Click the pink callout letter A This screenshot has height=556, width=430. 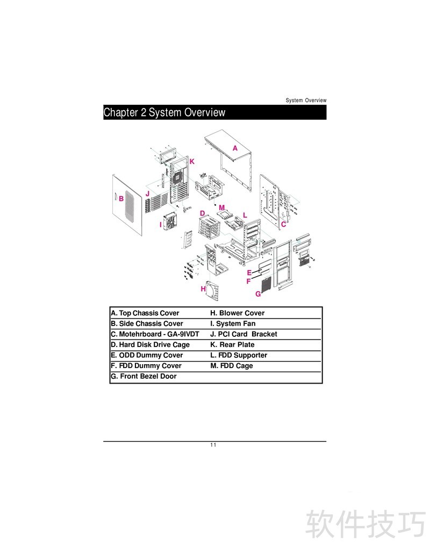(235, 148)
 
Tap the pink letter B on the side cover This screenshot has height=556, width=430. (121, 198)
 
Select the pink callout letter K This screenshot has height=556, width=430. (192, 161)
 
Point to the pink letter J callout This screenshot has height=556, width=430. (147, 193)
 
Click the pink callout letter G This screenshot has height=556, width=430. (258, 294)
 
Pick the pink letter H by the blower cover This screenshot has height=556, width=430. (203, 289)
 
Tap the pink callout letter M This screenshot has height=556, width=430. (221, 207)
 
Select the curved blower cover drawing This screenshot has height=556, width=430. (214, 293)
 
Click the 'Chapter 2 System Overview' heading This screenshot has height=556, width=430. (164, 112)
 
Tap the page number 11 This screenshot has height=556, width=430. (213, 445)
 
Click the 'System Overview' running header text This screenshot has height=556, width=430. (306, 100)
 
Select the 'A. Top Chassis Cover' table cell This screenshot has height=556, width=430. (145, 313)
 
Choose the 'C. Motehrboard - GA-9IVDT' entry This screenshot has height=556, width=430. (155, 334)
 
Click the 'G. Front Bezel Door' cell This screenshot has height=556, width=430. (144, 377)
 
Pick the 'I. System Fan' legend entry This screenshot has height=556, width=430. (233, 324)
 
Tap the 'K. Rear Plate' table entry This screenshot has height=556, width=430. (232, 345)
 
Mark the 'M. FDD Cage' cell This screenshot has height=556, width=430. (231, 366)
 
